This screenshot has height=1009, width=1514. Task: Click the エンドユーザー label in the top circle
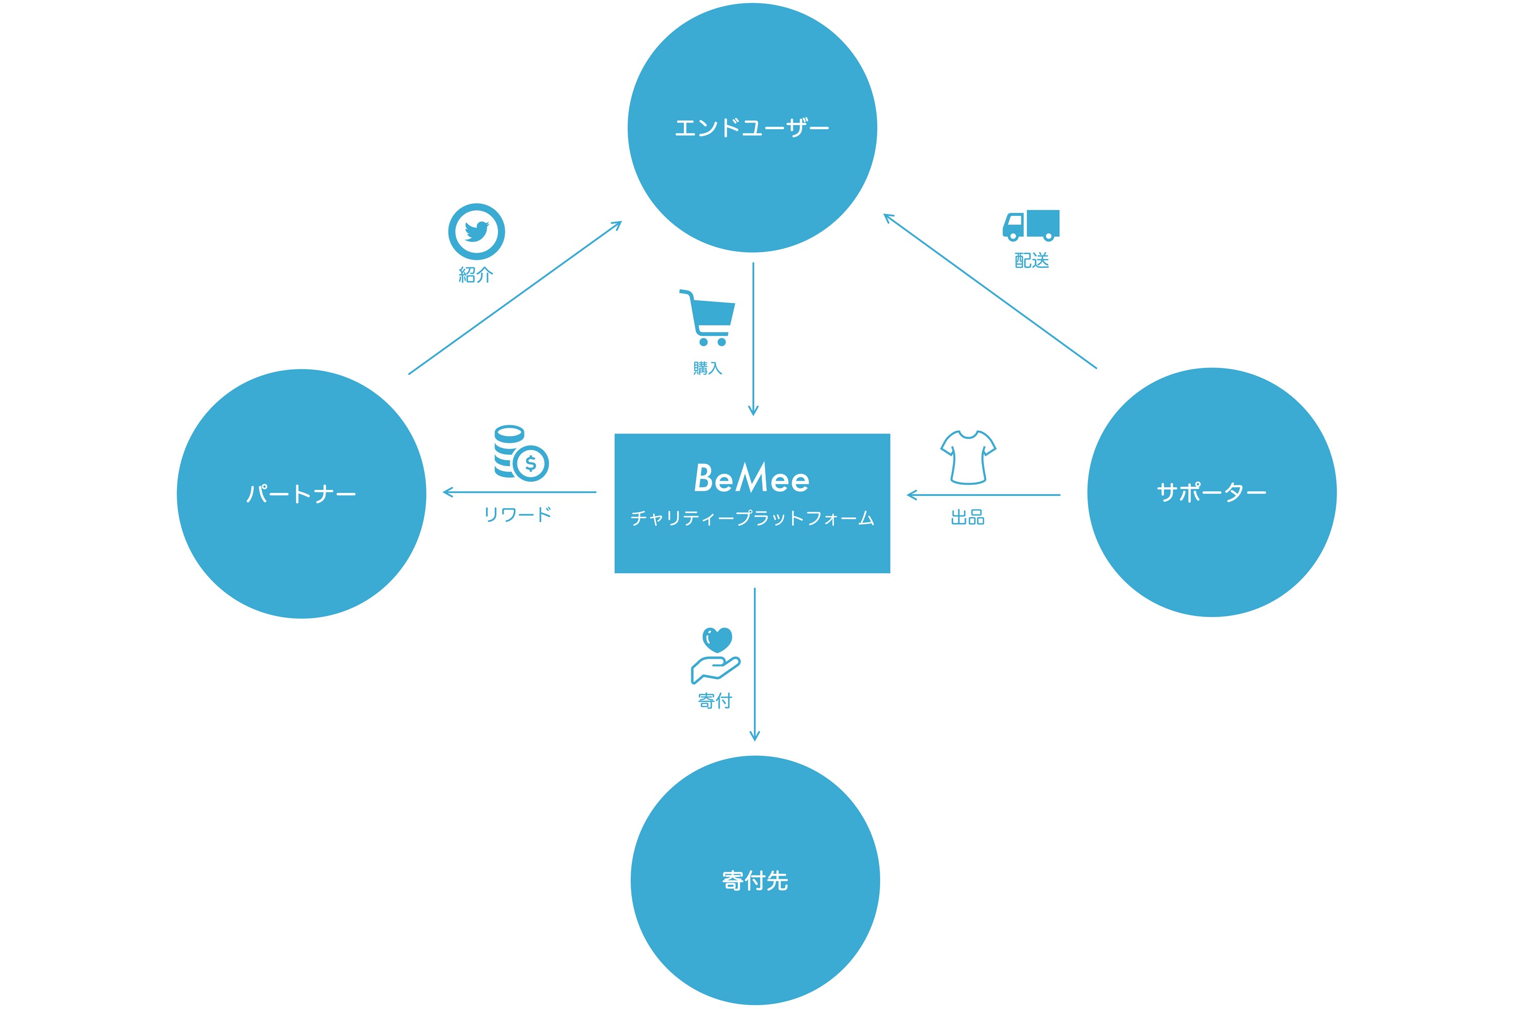(x=751, y=128)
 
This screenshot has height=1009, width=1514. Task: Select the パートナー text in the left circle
(x=301, y=494)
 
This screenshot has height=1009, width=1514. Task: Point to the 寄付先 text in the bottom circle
(x=755, y=881)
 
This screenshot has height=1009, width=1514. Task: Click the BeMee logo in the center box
(x=751, y=478)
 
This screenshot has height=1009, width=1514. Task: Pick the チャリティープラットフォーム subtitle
(x=752, y=519)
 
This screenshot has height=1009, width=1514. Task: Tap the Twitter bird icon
(x=476, y=232)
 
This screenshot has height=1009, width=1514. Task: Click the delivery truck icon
(x=1031, y=225)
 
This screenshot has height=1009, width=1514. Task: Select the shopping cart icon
(x=708, y=318)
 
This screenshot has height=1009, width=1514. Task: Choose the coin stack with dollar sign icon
(x=520, y=453)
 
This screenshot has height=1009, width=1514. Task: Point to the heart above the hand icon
(x=717, y=640)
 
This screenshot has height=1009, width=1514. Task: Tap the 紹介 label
(x=476, y=275)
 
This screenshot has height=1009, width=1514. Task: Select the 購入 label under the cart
(x=708, y=369)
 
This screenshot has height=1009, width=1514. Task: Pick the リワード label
(x=518, y=515)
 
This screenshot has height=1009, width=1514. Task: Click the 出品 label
(x=967, y=518)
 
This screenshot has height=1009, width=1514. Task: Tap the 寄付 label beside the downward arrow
(x=715, y=701)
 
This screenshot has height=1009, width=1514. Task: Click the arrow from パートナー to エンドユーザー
(x=515, y=298)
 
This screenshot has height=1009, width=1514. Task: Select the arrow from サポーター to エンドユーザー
(x=990, y=291)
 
